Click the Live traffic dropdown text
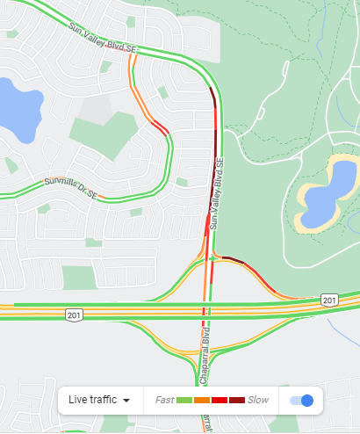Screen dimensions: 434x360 coord(92,400)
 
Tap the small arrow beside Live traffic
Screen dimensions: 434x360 coord(126,401)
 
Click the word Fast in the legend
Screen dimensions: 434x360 coord(164,400)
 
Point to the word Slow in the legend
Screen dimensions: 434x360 coord(258,400)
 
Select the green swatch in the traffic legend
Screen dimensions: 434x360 coord(184,401)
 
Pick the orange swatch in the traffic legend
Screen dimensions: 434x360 coord(202,401)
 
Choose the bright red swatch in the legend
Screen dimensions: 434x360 coord(220,401)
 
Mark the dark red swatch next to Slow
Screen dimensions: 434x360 coord(237,401)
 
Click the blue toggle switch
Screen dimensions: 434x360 coord(301,401)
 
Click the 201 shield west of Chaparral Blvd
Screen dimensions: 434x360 coord(76,314)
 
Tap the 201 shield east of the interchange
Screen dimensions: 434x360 coord(328,300)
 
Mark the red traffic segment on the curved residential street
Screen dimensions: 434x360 coord(159,127)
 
